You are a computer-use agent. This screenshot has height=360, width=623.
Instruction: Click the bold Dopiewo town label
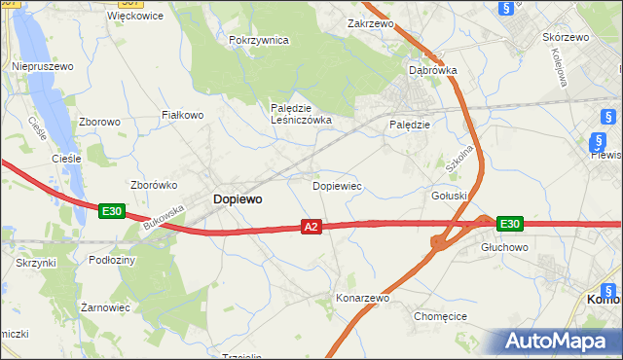click(x=237, y=198)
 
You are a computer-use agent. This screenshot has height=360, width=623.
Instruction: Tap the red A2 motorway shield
click(x=311, y=227)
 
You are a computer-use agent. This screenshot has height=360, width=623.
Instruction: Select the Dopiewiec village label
click(x=337, y=184)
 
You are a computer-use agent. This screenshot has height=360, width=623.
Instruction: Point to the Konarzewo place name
click(x=362, y=298)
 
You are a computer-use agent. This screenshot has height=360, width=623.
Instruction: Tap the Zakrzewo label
click(x=370, y=21)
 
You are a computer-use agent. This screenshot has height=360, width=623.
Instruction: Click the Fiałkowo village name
click(x=182, y=115)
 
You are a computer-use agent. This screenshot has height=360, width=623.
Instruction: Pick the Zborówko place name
click(x=152, y=185)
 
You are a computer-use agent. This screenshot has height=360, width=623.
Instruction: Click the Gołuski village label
click(x=450, y=196)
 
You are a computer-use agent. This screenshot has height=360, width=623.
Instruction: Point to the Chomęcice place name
click(x=441, y=316)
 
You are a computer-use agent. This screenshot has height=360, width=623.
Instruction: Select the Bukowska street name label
click(x=163, y=216)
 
